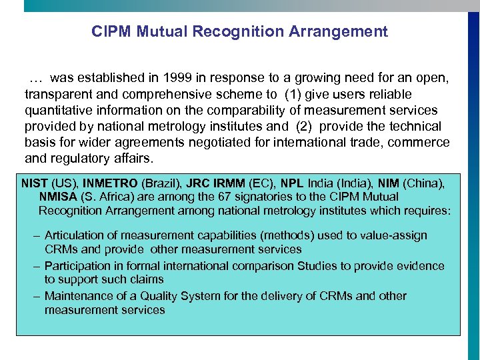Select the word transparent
pyautogui.click(x=57, y=94)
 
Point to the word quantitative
pyautogui.click(x=58, y=110)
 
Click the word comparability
pyautogui.click(x=228, y=110)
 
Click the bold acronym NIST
pyautogui.click(x=34, y=183)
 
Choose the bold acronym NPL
pyautogui.click(x=292, y=183)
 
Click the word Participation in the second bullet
pyautogui.click(x=78, y=266)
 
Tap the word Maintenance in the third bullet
pyautogui.click(x=77, y=296)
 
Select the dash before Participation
pyautogui.click(x=38, y=266)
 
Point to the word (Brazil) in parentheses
pyautogui.click(x=160, y=183)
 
